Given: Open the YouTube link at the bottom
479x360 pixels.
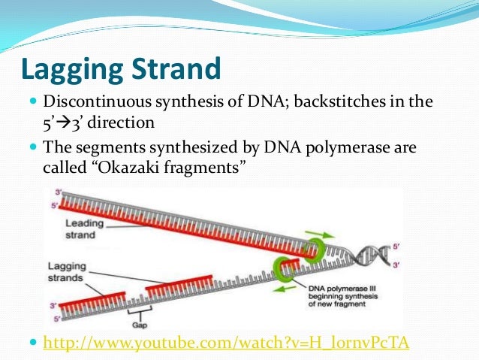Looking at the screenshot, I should pos(226,343).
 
